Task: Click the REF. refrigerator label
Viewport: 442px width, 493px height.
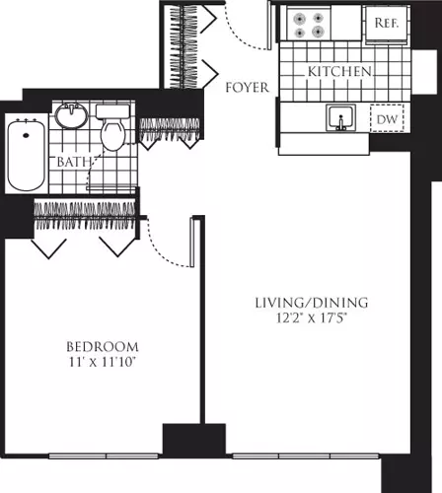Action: click(x=387, y=23)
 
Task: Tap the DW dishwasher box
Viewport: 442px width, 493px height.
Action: click(x=387, y=118)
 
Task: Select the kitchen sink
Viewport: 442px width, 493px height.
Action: click(x=341, y=117)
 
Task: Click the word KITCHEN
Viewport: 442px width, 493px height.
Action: click(x=339, y=71)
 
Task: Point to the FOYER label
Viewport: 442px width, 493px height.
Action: click(x=247, y=88)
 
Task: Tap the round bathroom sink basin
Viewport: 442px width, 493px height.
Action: click(x=72, y=115)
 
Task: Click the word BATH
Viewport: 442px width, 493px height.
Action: click(x=74, y=162)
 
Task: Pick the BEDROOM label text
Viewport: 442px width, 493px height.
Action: click(x=103, y=347)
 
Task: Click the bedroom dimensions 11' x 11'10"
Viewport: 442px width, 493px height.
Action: click(x=103, y=362)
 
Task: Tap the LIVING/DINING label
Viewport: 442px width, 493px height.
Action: click(x=312, y=303)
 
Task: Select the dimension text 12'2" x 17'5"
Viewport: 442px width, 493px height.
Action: click(x=312, y=317)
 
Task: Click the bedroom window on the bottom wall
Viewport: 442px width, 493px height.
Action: click(x=104, y=457)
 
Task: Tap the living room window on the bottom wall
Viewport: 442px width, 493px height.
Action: click(x=306, y=457)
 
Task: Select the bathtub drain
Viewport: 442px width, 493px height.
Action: click(x=26, y=135)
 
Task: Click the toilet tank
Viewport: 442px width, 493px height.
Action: click(x=112, y=111)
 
